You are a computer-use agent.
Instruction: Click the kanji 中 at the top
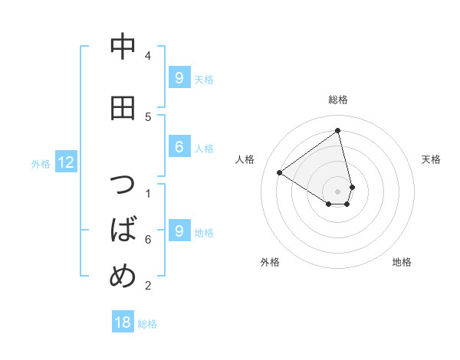pos(123,46)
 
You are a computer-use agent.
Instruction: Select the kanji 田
pos(123,108)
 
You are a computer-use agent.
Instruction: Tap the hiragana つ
pos(123,187)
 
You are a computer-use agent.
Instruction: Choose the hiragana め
pos(123,274)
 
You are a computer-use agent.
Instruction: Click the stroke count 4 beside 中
pos(148,55)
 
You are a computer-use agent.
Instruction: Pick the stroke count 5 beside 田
pos(148,116)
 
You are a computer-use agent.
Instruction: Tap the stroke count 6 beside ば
pos(148,240)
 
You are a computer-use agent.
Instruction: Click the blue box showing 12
pos(66,162)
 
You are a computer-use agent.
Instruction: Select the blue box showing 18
pos(123,322)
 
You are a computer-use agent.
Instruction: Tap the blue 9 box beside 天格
pos(179,77)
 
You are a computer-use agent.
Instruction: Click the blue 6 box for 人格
pos(179,147)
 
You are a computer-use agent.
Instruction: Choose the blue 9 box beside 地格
pos(179,231)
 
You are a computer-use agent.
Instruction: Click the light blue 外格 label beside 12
pos(41,163)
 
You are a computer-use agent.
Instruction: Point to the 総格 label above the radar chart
pos(338,100)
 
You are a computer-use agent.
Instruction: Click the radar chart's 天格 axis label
pos(431,159)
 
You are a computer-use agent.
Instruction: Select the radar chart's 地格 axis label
pos(402,262)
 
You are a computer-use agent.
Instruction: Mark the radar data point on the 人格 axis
pos(280,172)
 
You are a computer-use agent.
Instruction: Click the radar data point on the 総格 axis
pos(338,131)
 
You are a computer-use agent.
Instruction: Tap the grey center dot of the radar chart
pos(338,191)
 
